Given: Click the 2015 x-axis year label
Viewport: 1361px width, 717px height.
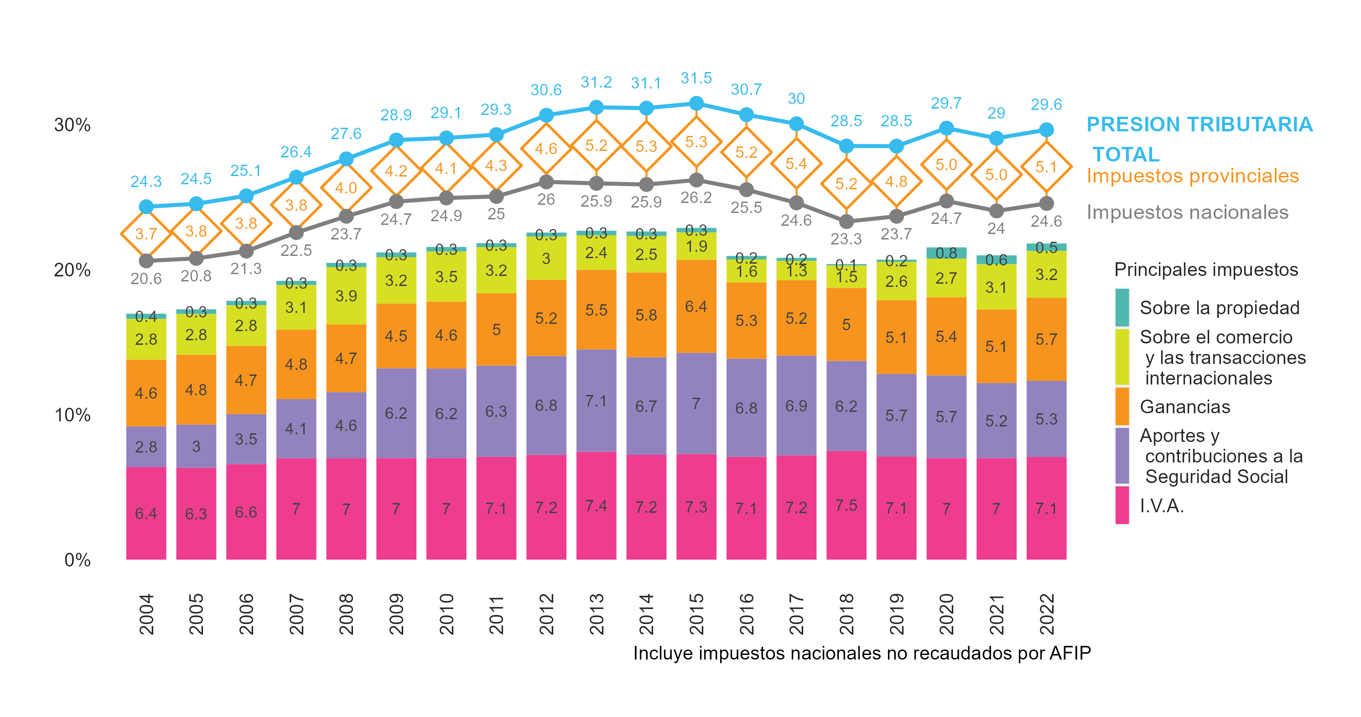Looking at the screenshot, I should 696,614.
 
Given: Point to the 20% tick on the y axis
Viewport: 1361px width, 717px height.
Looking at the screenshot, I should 72,270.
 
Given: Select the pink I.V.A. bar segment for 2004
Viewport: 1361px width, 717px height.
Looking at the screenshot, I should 146,513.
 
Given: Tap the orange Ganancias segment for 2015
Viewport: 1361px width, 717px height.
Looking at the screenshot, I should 696,307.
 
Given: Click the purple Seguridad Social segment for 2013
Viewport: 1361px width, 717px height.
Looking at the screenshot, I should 596,400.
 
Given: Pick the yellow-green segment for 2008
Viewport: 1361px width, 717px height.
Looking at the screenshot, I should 346,296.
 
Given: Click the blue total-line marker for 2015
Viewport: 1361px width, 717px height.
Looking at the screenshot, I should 696,104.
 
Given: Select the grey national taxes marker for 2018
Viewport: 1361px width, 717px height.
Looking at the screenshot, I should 847,221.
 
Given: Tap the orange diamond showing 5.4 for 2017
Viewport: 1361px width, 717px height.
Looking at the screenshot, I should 796,164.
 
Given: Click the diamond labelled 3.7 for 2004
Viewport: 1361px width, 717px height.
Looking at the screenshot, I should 146,234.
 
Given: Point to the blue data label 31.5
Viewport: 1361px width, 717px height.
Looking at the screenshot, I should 696,78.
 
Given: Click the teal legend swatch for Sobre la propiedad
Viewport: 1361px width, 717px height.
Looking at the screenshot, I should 1122,307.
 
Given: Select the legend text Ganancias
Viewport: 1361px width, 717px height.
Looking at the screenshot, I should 1184,407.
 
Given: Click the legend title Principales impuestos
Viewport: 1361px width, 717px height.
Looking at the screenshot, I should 1205,270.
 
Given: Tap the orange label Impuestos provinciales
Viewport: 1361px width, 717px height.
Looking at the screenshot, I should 1192,176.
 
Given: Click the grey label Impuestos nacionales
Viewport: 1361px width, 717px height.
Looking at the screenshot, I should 1187,212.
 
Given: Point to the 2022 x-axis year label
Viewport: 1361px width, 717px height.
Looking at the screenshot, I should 1046,614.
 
